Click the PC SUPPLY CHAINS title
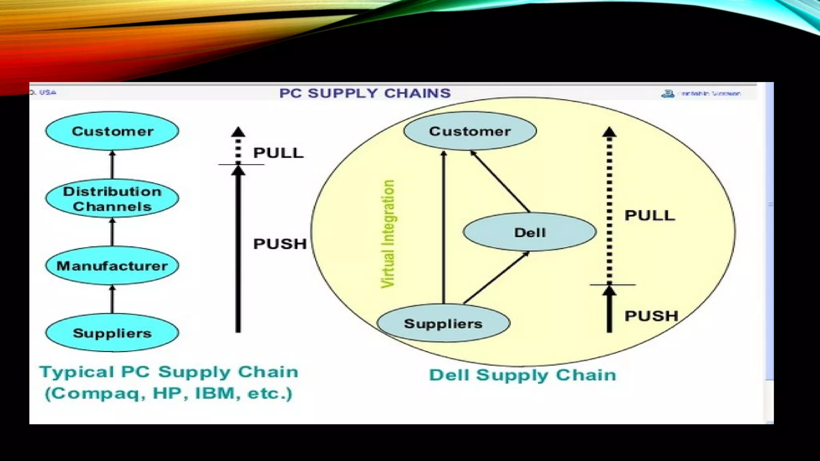click(x=365, y=93)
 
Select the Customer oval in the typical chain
click(x=112, y=131)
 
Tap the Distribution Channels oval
click(x=112, y=198)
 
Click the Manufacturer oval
click(x=112, y=266)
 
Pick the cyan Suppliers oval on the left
click(x=112, y=333)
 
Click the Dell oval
click(x=529, y=232)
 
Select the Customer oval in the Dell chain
click(x=470, y=131)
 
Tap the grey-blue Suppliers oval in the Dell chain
click(x=443, y=323)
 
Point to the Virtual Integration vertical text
click(x=388, y=234)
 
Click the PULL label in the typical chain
click(x=278, y=153)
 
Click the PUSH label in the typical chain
click(x=280, y=244)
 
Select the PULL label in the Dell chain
click(x=650, y=215)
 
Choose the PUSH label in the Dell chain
click(x=651, y=316)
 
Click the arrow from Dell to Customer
click(x=500, y=182)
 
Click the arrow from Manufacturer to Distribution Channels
click(x=112, y=232)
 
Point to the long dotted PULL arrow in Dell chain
click(x=609, y=208)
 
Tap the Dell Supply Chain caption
click(x=522, y=375)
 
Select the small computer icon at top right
click(x=667, y=94)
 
